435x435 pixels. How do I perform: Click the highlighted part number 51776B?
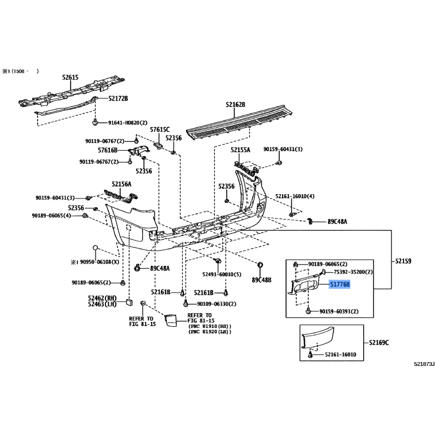pos(339,284)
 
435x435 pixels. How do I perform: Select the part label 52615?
pos(70,77)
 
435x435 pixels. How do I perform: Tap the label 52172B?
pos(118,98)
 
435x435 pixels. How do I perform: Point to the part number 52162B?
pos(235,104)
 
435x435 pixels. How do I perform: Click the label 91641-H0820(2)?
pos(128,123)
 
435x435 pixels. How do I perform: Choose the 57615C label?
pos(159,129)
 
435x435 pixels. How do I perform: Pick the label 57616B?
pos(108,151)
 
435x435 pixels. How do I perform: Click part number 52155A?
pos(240,150)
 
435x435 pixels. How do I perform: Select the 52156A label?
pos(121,184)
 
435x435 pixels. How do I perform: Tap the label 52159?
pos(403,261)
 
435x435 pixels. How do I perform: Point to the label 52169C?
pos(378,343)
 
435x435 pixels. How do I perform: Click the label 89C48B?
pos(262,280)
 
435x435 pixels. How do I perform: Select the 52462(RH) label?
pos(102,298)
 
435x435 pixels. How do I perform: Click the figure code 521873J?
pos(424,364)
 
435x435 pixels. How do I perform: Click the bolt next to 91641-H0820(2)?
pos(95,122)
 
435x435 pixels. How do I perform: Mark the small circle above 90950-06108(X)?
pos(95,248)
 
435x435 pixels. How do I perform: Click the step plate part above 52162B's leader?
pos(239,121)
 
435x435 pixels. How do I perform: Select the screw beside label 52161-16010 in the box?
pos(310,355)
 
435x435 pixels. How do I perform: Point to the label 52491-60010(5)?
pos(222,275)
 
